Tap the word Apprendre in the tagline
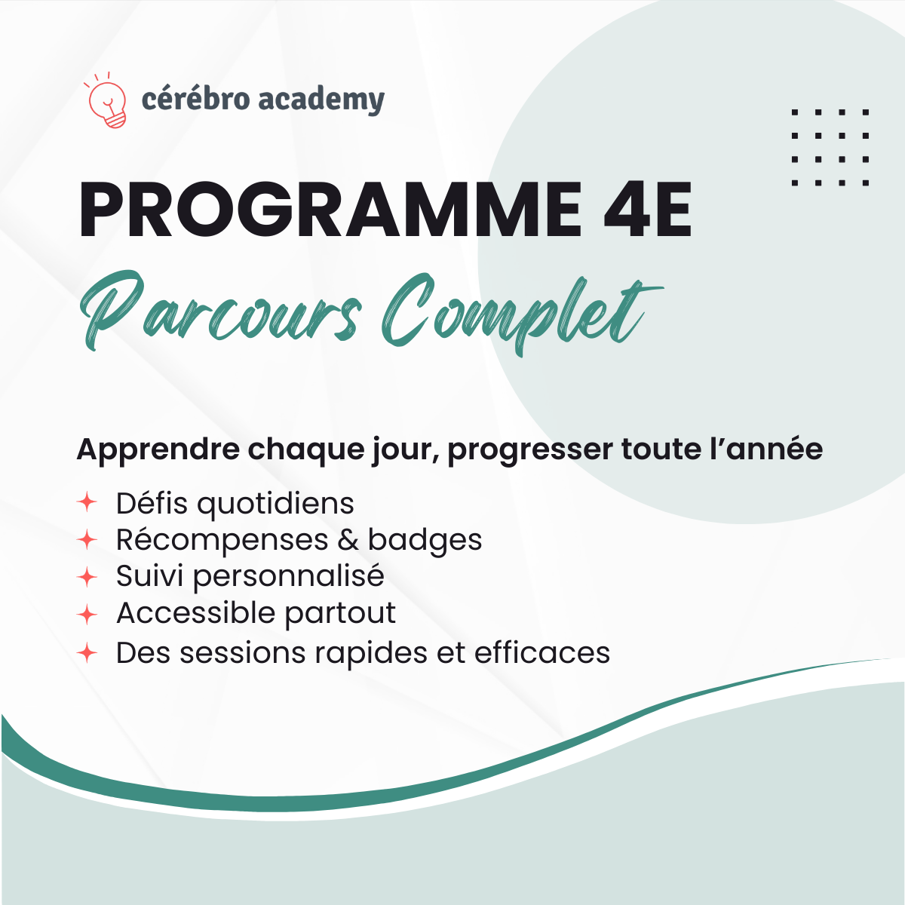point(158,450)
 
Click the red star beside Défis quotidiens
point(87,502)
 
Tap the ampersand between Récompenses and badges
point(348,540)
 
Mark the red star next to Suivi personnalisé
point(87,577)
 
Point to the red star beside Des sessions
point(87,652)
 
